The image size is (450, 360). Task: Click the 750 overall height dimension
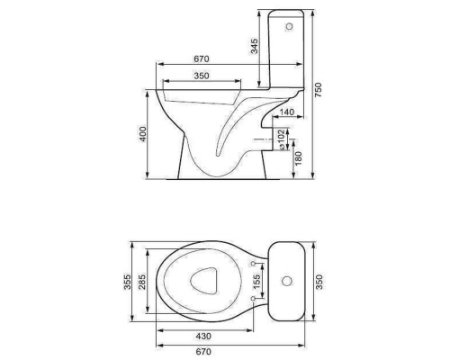coord(318,90)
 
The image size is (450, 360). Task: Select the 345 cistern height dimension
coord(254,46)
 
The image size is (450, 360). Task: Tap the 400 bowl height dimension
coord(143,134)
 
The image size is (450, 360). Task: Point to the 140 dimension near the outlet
coord(287,112)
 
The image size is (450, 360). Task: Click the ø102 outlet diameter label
coord(282,139)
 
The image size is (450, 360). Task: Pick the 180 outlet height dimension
coord(299,158)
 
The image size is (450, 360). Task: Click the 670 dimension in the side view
coord(201,58)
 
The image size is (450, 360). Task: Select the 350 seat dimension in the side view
coord(201,76)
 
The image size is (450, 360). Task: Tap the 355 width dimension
coord(128,282)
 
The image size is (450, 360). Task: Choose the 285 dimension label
coord(142,282)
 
